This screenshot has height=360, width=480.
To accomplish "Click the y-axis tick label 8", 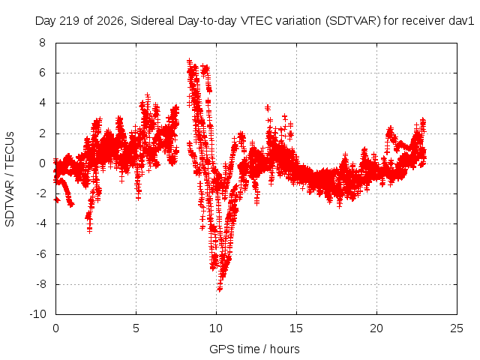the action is tap(42, 43).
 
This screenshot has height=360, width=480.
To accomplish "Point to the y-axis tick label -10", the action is tap(37, 314).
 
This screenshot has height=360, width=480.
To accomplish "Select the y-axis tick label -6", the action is tap(40, 253).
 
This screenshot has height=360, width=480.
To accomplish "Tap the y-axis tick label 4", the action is tap(42, 103).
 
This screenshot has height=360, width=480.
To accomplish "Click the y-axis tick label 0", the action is tap(42, 163).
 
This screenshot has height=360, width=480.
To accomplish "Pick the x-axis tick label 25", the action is tap(457, 328).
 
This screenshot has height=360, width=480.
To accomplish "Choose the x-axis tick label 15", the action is tap(296, 328).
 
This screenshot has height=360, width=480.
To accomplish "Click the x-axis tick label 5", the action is tap(136, 328).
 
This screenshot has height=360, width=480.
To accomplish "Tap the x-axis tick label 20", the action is tap(376, 328).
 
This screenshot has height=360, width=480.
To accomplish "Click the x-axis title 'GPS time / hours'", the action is tap(254, 349).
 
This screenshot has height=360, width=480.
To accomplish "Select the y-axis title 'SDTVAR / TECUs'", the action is tap(10, 179).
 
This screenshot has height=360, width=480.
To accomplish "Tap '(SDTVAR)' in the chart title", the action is tap(353, 21).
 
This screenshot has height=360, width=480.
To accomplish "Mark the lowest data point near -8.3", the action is tap(220, 288).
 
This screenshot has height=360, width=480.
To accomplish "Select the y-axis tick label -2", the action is tap(40, 193).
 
